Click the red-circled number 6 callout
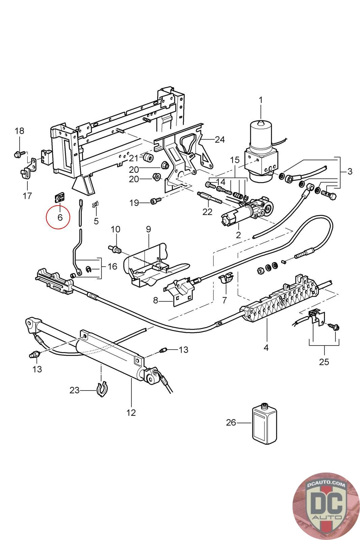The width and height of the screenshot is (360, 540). click(x=60, y=217)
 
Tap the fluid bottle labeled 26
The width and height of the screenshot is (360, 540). click(x=264, y=423)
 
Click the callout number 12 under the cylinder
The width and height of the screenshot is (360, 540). click(x=131, y=412)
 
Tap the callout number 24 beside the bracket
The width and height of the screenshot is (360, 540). click(x=220, y=139)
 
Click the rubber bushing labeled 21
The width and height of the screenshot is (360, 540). click(x=147, y=157)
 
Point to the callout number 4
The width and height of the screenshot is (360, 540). click(x=266, y=347)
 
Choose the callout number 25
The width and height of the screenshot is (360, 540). click(x=324, y=362)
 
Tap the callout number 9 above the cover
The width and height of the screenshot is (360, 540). click(x=148, y=229)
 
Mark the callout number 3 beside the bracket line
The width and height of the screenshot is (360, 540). click(x=349, y=171)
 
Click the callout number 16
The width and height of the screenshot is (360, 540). click(x=112, y=266)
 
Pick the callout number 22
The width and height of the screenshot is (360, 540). click(x=207, y=212)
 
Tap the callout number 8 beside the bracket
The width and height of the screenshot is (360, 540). click(x=156, y=300)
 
